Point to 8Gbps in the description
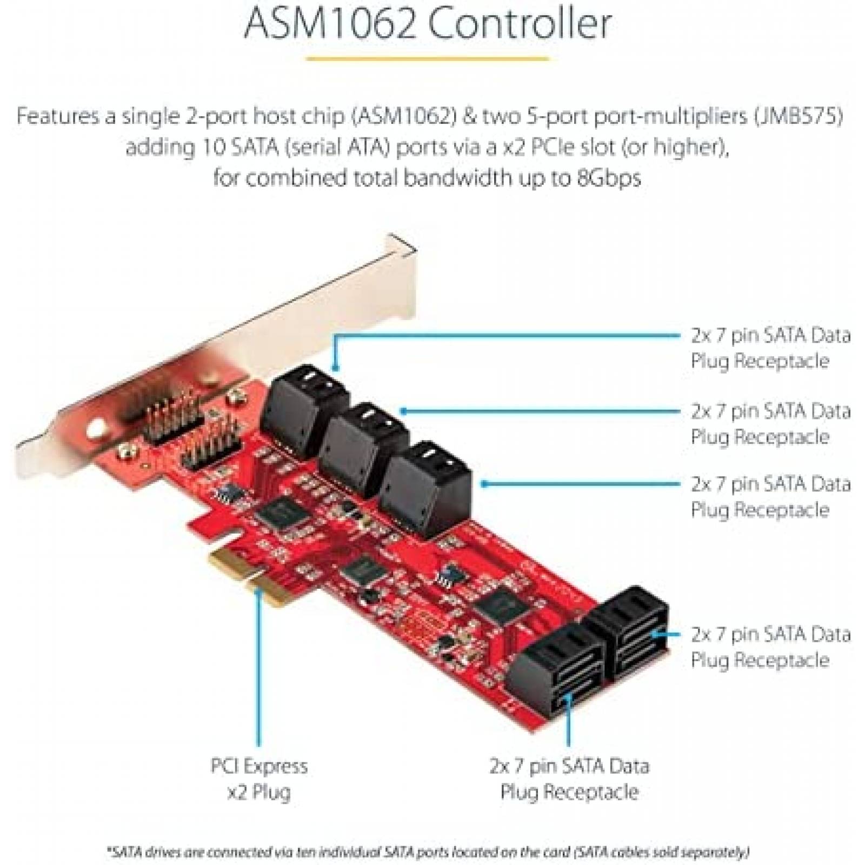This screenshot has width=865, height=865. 608,177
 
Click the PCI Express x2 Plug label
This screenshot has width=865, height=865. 259,779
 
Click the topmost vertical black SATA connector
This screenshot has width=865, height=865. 303,400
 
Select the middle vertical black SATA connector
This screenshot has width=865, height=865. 363,440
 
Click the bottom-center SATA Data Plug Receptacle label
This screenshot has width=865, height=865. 569,779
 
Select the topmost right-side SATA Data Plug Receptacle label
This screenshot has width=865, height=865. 770,348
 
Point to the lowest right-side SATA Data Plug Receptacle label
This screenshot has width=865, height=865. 770,647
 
